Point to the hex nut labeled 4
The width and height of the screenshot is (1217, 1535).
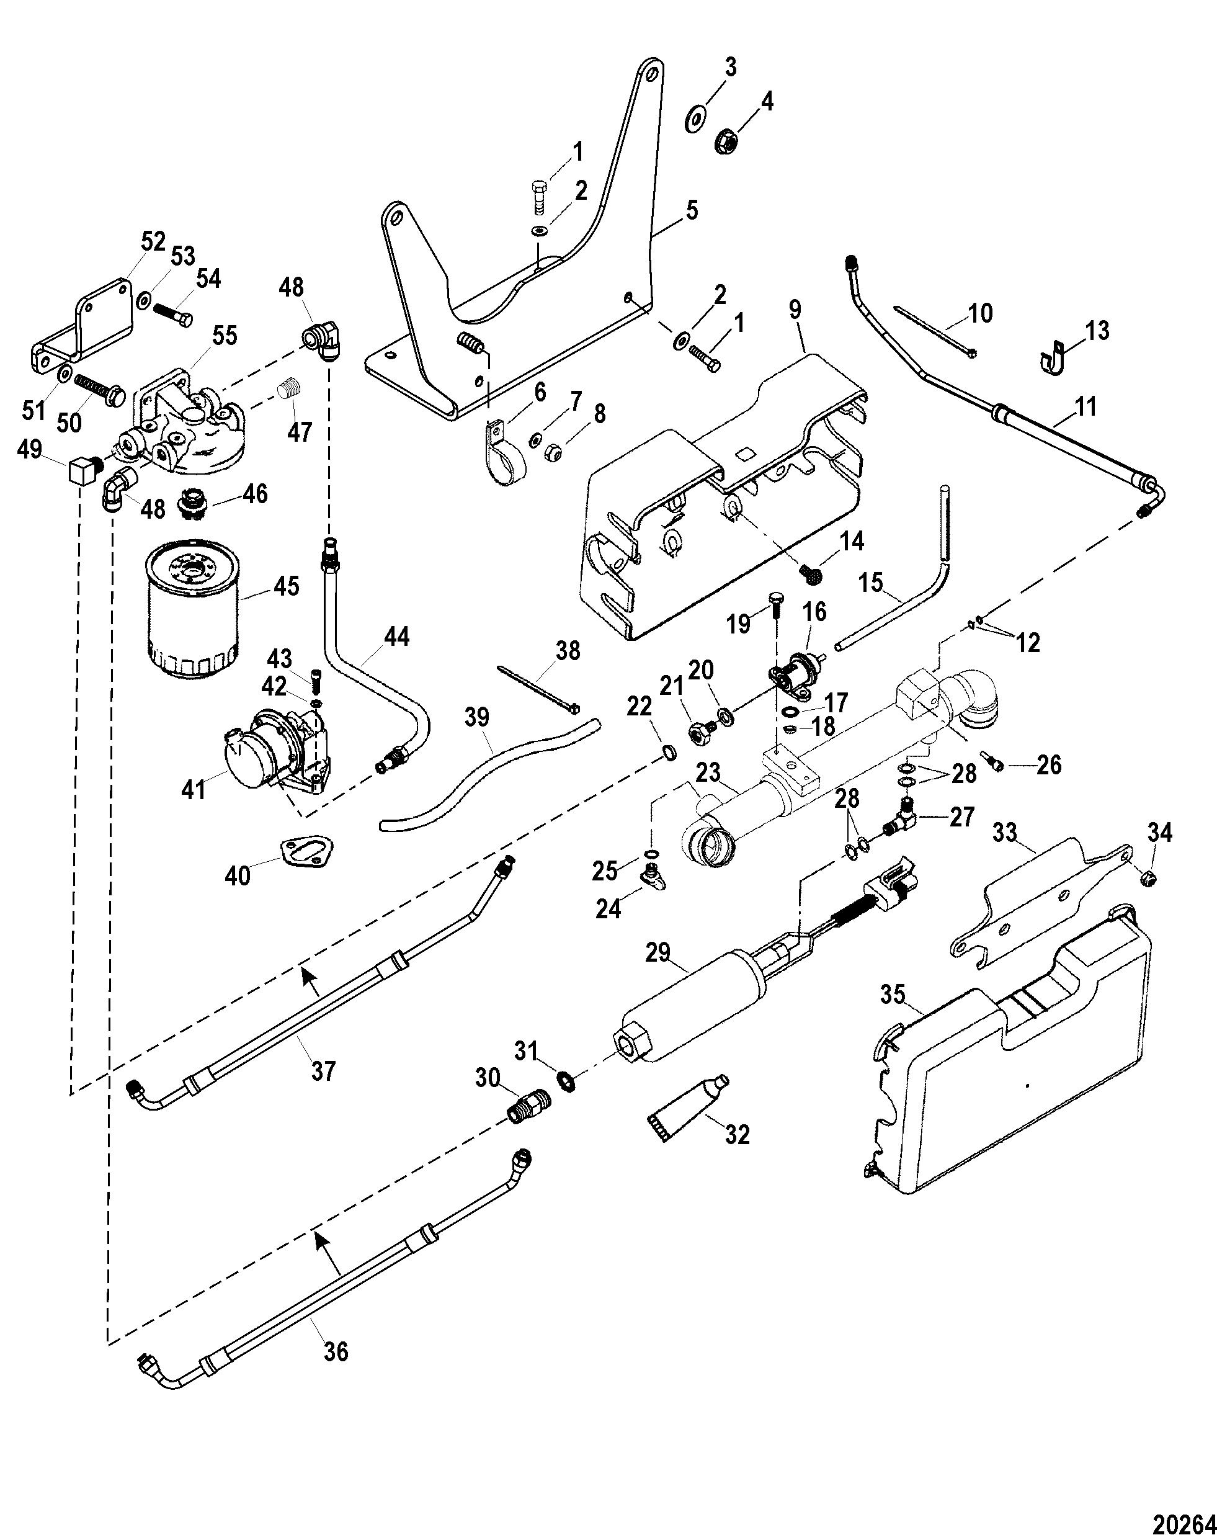tap(725, 139)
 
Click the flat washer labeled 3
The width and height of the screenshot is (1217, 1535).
tap(695, 117)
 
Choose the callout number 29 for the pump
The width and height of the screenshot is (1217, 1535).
tap(658, 952)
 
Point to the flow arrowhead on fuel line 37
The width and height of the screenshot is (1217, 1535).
tap(308, 978)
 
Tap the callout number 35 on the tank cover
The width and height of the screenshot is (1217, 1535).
tap(893, 995)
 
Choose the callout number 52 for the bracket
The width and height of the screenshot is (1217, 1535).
tap(153, 241)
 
